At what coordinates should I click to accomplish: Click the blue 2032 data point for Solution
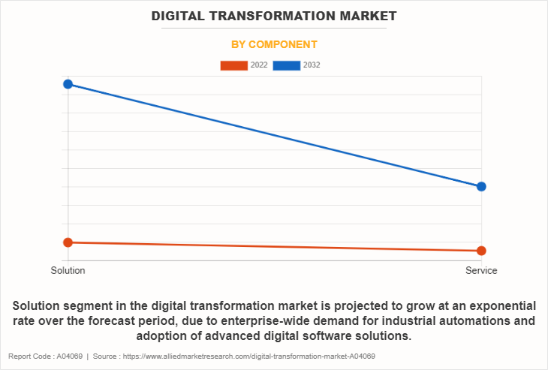click(x=68, y=84)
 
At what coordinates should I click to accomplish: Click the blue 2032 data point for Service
click(x=481, y=186)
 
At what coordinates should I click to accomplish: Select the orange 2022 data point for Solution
click(x=68, y=242)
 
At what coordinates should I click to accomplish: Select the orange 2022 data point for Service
click(x=481, y=251)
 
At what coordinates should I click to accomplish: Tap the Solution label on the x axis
click(x=68, y=271)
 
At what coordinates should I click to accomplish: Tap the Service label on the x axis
click(x=481, y=271)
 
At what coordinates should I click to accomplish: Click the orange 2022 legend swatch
click(x=233, y=65)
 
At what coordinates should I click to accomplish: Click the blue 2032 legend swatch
click(x=287, y=65)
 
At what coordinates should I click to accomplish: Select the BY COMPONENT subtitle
click(x=274, y=44)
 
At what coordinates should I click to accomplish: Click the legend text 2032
click(x=312, y=65)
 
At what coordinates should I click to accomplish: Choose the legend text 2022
click(x=259, y=65)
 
